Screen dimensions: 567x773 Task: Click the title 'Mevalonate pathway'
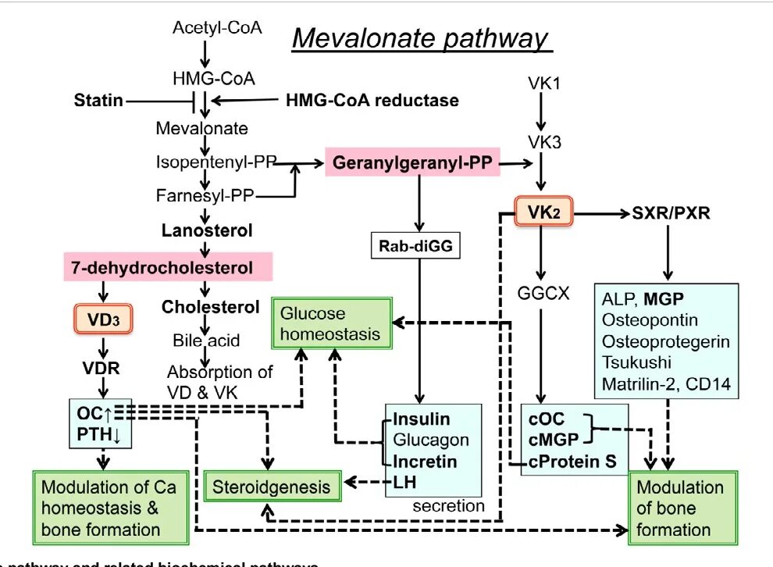(420, 38)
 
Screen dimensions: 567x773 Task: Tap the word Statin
(98, 100)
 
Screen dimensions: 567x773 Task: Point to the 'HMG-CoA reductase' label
(372, 100)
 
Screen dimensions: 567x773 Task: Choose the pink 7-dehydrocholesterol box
(168, 268)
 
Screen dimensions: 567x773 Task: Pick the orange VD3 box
(102, 318)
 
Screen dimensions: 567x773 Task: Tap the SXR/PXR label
(671, 212)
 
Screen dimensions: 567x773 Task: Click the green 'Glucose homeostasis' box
(331, 323)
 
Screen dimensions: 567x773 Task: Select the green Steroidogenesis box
(273, 487)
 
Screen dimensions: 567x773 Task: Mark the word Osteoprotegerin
(666, 341)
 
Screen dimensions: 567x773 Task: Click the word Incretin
(425, 461)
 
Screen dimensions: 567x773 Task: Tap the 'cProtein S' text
(573, 461)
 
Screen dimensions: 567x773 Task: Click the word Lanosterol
(207, 230)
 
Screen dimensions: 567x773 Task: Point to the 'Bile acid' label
(206, 341)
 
